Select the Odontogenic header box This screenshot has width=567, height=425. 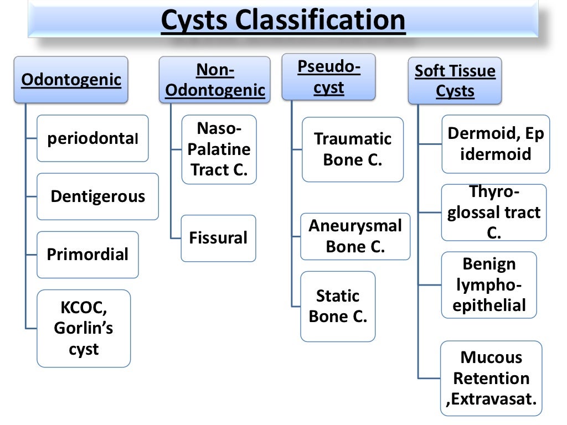pos(71,80)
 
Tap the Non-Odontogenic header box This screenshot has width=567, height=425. pos(215,81)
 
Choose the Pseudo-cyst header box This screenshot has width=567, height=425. pos(328,77)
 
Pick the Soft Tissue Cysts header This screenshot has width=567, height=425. pos(455,81)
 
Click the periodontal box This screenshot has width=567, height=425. pos(92,138)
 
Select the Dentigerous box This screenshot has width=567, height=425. pos(97,196)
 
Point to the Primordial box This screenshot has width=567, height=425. pos(87,255)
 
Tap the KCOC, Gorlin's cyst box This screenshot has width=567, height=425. pos(84,328)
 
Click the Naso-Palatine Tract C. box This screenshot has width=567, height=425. pos(219,149)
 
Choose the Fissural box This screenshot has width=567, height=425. pos(218,239)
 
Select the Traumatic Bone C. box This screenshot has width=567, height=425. pos(353,149)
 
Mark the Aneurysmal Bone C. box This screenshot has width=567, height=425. pos(355,236)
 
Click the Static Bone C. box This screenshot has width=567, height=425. pos(338,306)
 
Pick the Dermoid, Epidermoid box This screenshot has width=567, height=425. pos(496,144)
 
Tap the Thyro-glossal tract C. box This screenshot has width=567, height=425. pos(493,212)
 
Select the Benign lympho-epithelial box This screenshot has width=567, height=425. pos(489,285)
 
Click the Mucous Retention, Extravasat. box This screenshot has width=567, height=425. pos(491,379)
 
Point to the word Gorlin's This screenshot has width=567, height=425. pos(84,328)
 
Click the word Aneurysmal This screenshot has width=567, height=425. pos(355,226)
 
